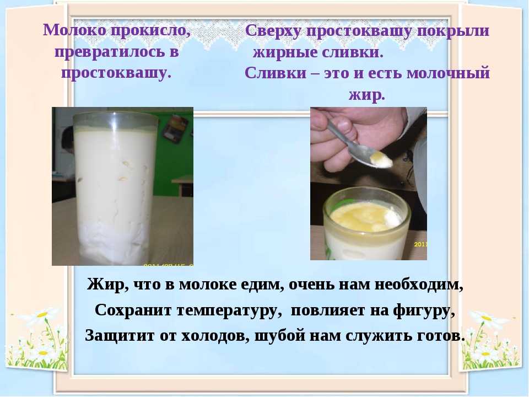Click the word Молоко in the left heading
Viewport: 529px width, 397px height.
[x=74, y=30]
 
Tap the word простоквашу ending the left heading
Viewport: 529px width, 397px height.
[x=116, y=73]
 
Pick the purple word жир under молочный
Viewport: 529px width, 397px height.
[x=367, y=95]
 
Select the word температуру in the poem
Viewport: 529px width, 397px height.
[x=229, y=310]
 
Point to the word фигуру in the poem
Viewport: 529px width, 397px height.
[x=424, y=310]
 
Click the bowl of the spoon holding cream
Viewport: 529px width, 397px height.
[x=377, y=159]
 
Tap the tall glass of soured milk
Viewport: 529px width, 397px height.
[x=115, y=189]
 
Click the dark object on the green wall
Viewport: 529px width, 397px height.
[x=175, y=129]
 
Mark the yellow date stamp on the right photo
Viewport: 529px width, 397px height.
[x=420, y=244]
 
